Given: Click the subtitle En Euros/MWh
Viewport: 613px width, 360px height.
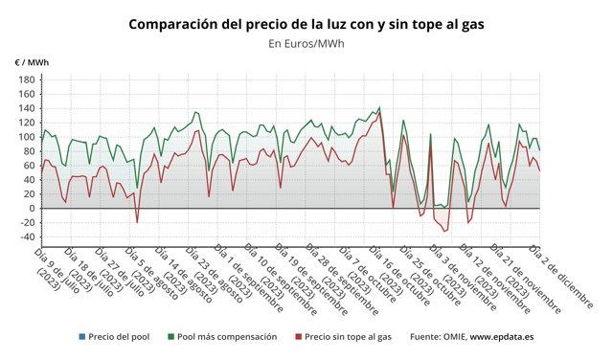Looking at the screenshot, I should [306, 43].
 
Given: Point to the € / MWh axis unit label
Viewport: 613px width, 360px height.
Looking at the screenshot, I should [32, 62].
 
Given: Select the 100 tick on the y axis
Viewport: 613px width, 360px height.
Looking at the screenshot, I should [25, 137].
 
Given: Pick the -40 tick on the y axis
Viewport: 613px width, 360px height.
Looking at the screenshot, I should [26, 236].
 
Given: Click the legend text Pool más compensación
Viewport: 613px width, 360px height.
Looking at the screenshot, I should [227, 337].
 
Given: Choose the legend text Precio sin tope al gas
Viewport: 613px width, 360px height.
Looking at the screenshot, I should [349, 337].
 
